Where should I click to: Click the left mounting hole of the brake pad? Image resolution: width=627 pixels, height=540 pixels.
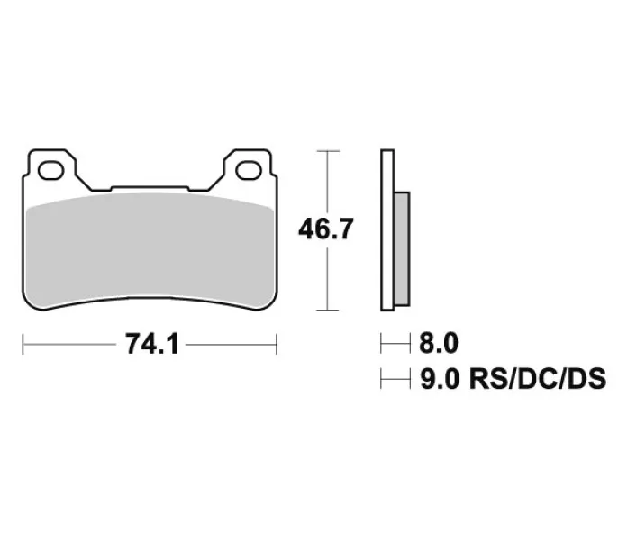50,171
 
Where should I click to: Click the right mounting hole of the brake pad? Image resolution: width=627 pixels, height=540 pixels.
249,171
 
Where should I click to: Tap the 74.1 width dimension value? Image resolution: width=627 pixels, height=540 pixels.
151,344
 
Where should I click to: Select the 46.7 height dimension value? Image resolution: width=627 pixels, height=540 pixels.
326,229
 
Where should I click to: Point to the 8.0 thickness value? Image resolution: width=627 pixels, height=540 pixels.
439,343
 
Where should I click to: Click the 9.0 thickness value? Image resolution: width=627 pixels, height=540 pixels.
440,379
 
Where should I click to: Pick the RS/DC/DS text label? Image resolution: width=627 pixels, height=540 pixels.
538,379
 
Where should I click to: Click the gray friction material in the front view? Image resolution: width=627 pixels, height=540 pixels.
150,252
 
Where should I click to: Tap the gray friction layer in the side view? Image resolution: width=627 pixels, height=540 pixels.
402,248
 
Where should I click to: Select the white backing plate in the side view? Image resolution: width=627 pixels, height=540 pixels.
387,230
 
